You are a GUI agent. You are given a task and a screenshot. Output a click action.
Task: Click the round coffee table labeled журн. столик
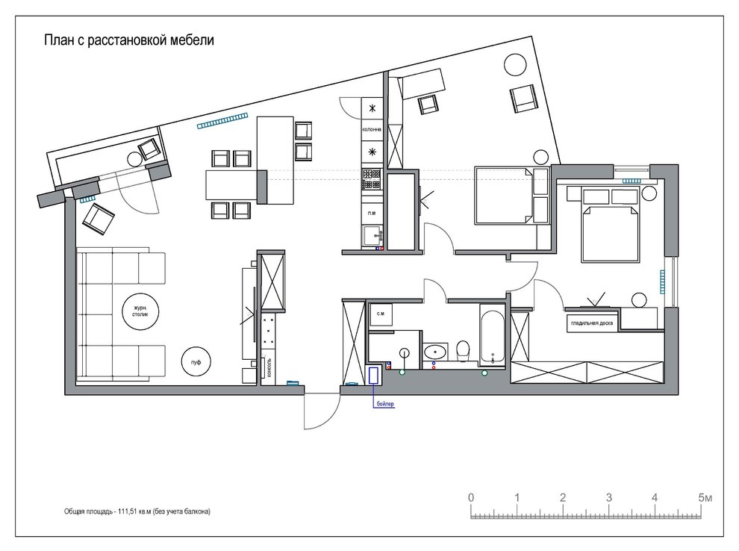140,311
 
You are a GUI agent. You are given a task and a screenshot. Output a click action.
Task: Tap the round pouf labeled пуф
196,362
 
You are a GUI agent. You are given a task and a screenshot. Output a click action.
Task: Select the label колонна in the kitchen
372,129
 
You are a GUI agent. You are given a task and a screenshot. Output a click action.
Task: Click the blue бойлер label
385,404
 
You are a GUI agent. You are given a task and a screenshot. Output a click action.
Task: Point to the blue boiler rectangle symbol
374,376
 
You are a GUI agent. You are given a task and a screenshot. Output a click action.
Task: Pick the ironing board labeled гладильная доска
592,324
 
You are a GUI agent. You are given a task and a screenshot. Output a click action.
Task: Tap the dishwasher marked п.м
372,214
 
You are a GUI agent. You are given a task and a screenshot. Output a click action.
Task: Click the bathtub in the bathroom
493,335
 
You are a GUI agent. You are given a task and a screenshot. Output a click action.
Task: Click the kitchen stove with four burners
372,179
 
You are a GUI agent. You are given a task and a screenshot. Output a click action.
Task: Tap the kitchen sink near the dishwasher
372,236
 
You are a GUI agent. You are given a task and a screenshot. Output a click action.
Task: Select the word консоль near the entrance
269,367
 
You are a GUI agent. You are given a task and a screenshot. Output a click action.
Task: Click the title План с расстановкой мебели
129,40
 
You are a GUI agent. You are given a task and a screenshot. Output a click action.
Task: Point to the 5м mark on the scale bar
705,497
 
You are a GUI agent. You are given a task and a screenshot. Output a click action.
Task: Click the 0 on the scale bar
471,497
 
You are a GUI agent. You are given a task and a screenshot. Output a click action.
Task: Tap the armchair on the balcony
149,149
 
